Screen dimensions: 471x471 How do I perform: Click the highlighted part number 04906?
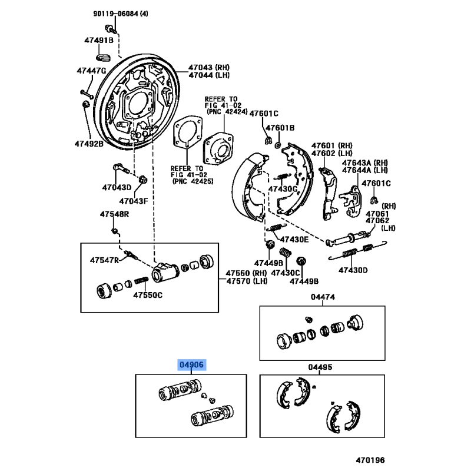pos(192,365)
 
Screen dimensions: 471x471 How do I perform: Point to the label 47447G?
pos(91,71)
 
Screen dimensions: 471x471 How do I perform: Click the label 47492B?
pos(88,143)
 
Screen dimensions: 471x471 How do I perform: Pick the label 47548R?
pos(114,213)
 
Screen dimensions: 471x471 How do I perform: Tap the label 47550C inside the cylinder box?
pos(147,295)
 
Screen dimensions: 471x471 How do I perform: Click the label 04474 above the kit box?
pos(323,297)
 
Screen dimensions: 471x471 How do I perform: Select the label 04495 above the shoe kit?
pos(320,367)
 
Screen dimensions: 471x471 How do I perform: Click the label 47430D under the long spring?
pos(353,270)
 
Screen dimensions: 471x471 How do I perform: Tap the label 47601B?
pos(279,128)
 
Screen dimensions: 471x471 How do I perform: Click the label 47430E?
pos(294,240)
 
